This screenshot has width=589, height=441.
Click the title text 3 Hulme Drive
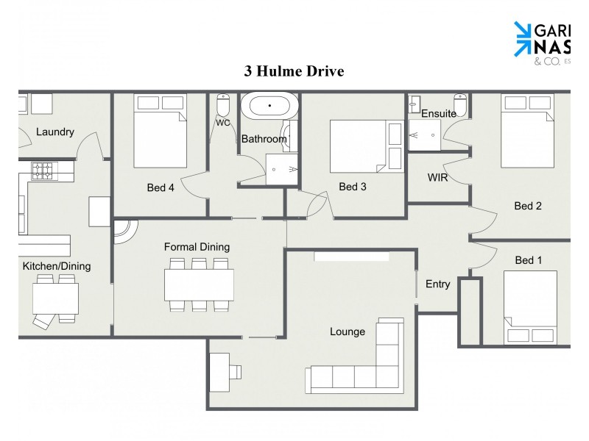click(x=294, y=71)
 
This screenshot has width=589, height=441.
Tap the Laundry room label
click(x=55, y=132)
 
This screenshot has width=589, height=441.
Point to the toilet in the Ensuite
click(x=461, y=105)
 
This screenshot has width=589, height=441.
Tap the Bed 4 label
click(x=161, y=187)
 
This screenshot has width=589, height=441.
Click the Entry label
click(x=437, y=284)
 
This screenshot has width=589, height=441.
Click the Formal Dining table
click(x=199, y=284)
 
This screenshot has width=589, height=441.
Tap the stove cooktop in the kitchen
click(x=43, y=171)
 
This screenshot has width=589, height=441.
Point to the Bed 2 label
click(x=528, y=206)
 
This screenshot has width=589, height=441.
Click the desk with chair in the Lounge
click(x=224, y=367)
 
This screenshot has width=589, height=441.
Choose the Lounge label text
click(x=348, y=331)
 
